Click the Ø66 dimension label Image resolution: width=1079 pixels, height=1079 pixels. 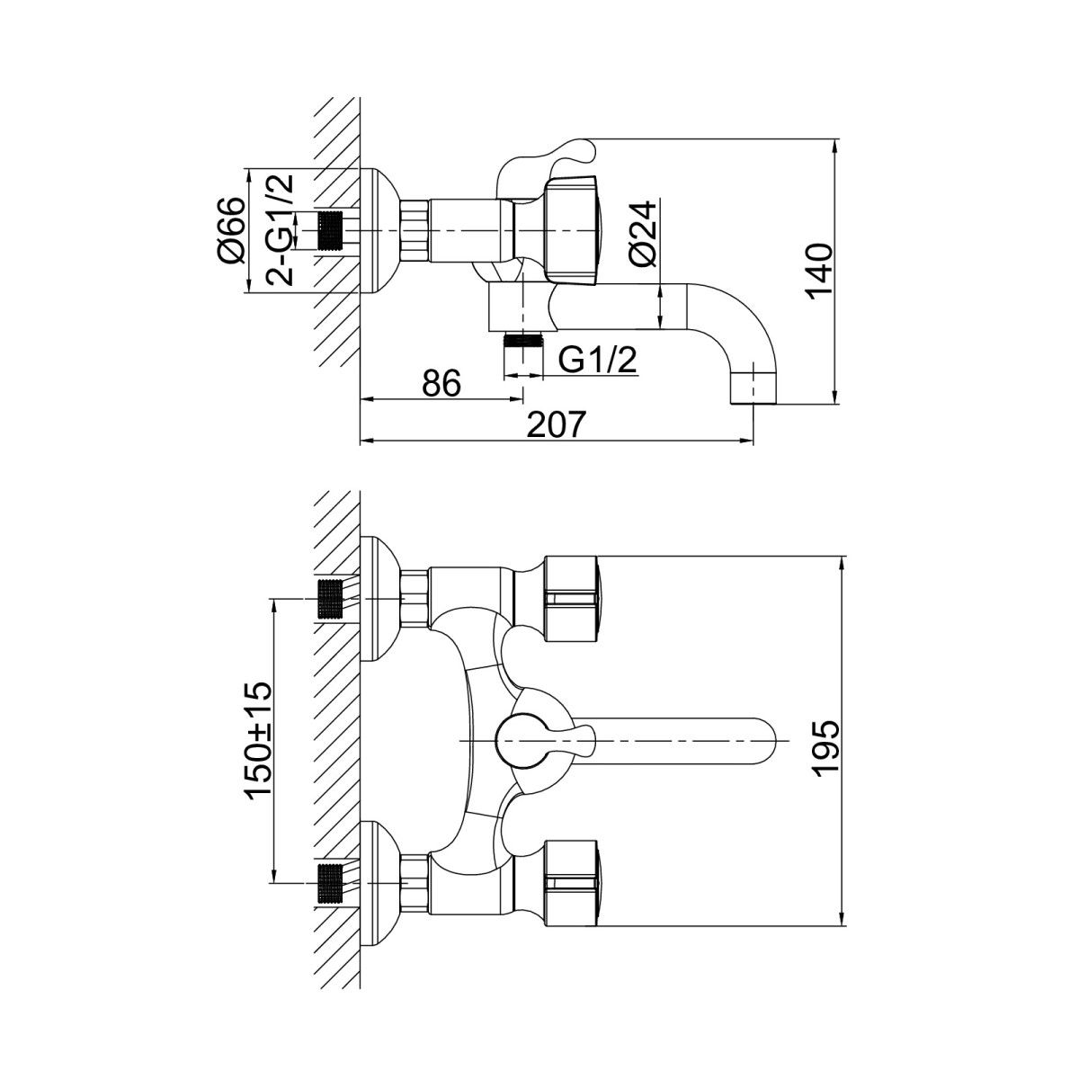231,229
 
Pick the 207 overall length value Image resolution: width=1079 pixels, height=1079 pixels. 558,424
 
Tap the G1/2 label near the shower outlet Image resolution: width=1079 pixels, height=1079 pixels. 598,361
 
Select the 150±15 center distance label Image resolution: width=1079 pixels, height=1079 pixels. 258,740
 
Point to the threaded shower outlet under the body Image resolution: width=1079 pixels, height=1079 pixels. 523,341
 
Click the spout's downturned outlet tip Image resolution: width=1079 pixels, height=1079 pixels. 753,387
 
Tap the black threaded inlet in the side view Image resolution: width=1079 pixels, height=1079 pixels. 332,231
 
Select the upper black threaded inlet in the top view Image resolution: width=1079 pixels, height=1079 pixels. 331,599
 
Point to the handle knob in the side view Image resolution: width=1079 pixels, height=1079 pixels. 580,225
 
